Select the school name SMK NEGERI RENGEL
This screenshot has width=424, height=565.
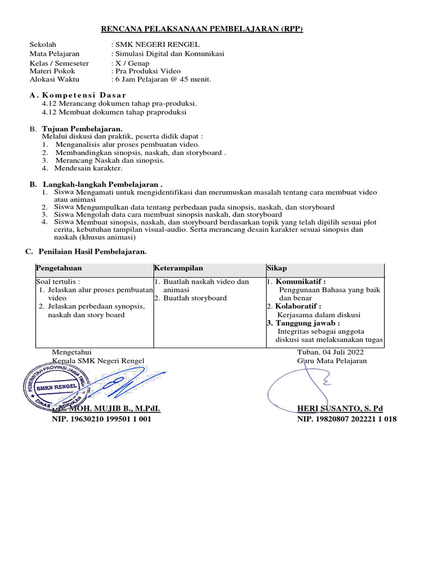point(157,44)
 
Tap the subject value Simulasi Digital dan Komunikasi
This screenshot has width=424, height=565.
point(169,54)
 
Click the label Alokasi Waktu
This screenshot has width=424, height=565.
point(54,79)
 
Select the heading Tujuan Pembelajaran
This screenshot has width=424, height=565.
point(82,129)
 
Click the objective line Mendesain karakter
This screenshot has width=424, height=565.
point(88,168)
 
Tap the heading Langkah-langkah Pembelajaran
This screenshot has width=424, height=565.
point(103,184)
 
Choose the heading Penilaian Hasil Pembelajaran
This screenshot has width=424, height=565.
point(92,252)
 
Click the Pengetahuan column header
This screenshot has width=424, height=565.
point(59,268)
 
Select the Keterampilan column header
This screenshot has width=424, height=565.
point(179,268)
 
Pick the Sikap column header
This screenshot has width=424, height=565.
point(277,268)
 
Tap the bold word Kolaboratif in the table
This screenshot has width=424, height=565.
point(299,306)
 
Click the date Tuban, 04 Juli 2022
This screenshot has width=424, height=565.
point(330,352)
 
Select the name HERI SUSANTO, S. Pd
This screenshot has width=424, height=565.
point(340,408)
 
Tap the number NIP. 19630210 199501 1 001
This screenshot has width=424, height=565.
point(102,419)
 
